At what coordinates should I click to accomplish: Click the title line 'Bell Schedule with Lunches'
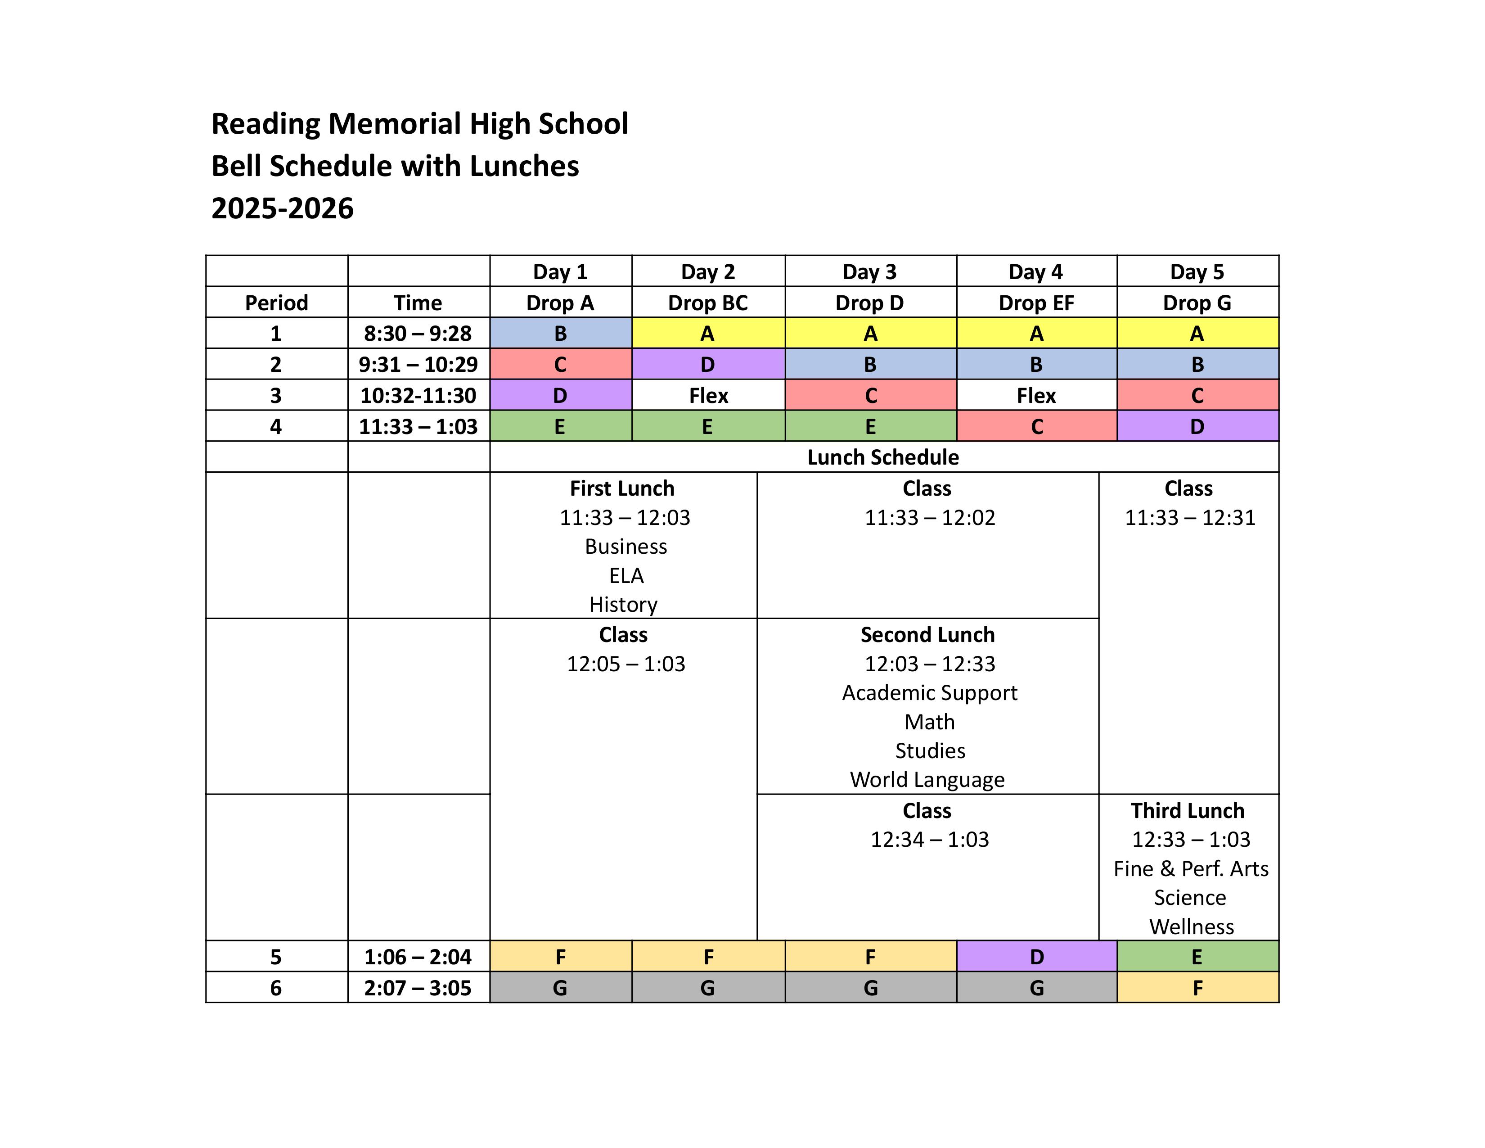(x=395, y=166)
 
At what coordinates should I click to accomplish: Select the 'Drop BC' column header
(x=708, y=303)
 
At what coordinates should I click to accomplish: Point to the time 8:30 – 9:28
(x=418, y=333)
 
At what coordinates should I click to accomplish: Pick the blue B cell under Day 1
(x=560, y=333)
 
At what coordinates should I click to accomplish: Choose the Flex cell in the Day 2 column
(x=708, y=395)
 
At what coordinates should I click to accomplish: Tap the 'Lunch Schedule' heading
(x=882, y=457)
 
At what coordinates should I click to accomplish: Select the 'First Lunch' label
(x=622, y=488)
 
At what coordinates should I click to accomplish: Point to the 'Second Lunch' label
(x=927, y=634)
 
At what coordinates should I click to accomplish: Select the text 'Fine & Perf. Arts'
(x=1191, y=868)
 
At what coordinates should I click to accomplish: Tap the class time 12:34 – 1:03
(x=930, y=839)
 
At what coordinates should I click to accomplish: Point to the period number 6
(x=275, y=987)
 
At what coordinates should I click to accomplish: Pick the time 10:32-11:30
(x=418, y=395)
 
